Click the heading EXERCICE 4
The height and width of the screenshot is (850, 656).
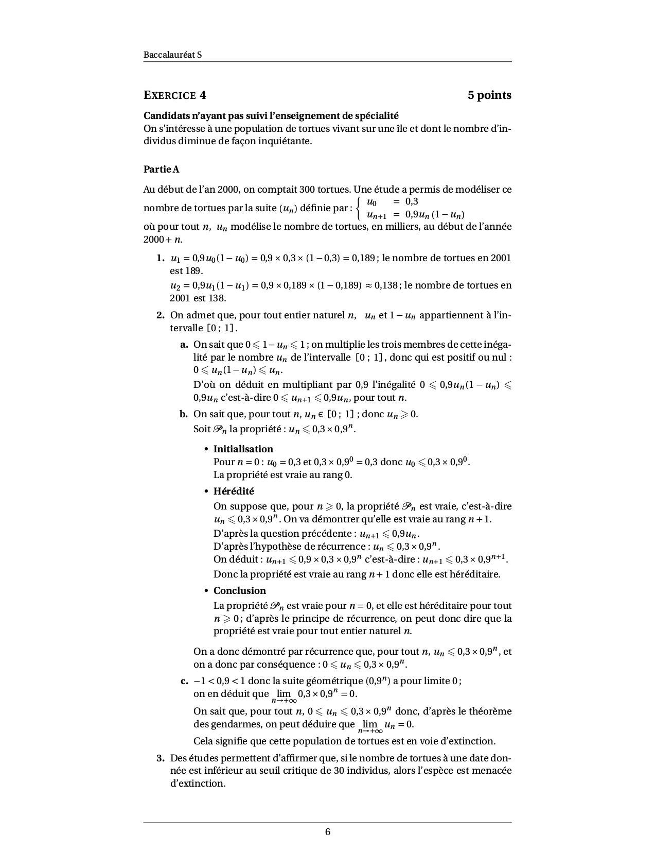click(x=175, y=95)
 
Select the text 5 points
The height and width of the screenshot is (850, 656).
click(x=489, y=95)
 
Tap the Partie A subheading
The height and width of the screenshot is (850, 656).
click(x=162, y=169)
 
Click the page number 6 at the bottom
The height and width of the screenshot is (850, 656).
click(x=328, y=832)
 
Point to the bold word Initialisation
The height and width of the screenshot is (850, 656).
click(x=243, y=449)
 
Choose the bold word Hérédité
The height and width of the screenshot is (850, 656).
click(x=234, y=491)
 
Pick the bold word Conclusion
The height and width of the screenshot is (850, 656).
click(x=240, y=590)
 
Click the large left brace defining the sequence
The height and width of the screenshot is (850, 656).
click(x=359, y=208)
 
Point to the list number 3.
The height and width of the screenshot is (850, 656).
click(x=161, y=758)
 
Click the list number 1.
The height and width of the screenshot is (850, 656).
click(x=161, y=258)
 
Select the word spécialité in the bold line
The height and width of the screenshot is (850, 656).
click(x=376, y=116)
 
